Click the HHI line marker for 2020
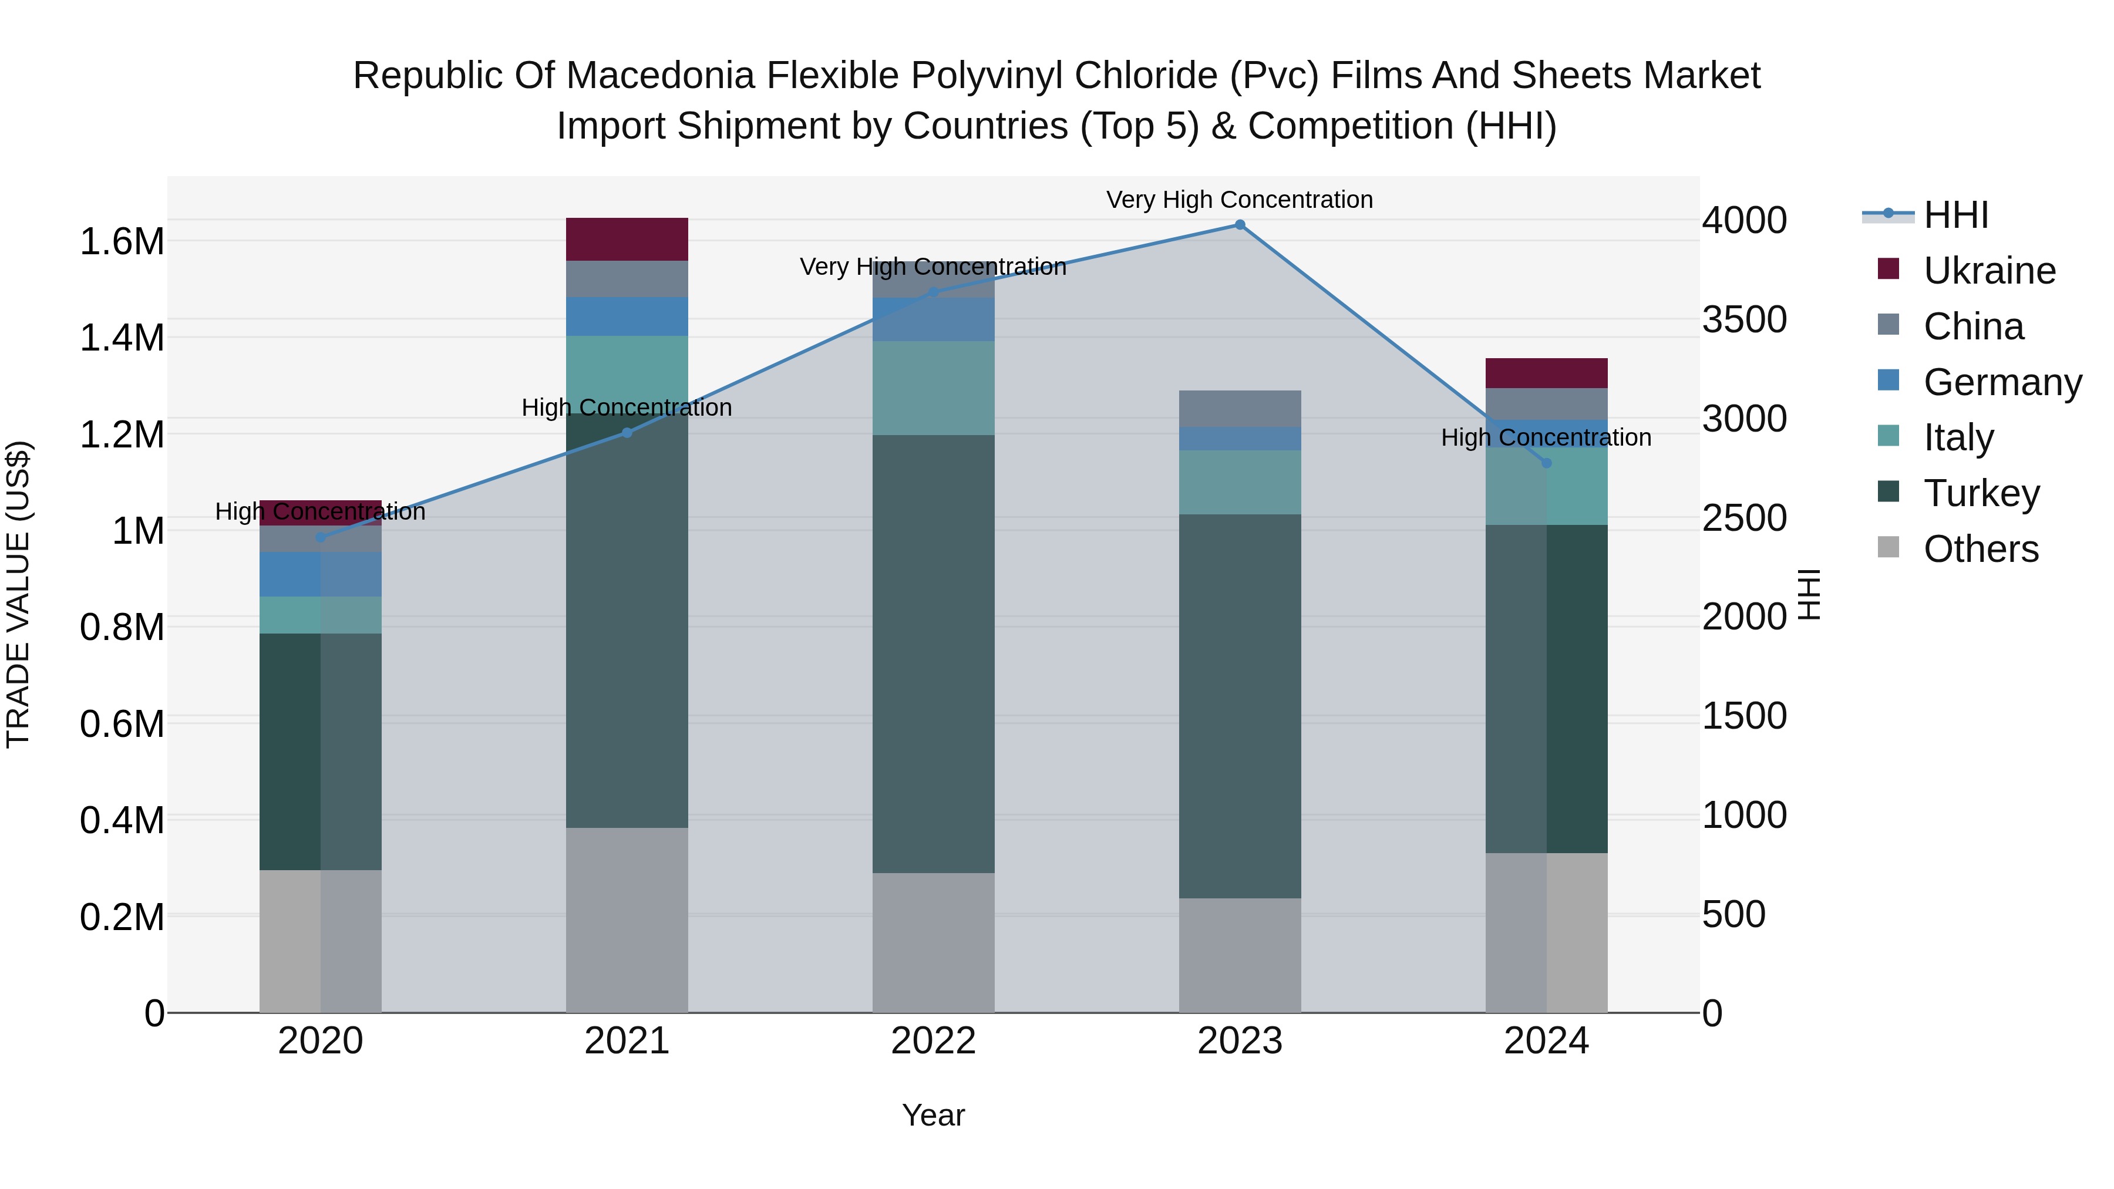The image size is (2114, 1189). [x=321, y=537]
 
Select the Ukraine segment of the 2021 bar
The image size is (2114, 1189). [x=627, y=239]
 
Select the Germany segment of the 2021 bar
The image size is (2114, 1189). [x=627, y=316]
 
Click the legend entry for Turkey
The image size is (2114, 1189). [x=1981, y=493]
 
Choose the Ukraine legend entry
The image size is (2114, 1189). [x=1990, y=271]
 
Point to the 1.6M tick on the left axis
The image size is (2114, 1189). [x=122, y=242]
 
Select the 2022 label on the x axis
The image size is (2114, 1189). [x=933, y=1041]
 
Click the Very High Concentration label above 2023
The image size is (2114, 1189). [x=1239, y=200]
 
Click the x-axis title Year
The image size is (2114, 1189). [x=933, y=1115]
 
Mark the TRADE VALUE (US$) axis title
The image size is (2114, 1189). [x=18, y=594]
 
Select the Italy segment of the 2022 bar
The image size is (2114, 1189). [x=933, y=388]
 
